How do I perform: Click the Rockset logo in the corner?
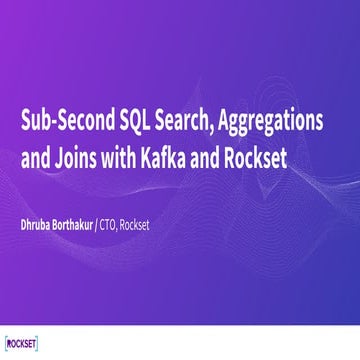22,338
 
